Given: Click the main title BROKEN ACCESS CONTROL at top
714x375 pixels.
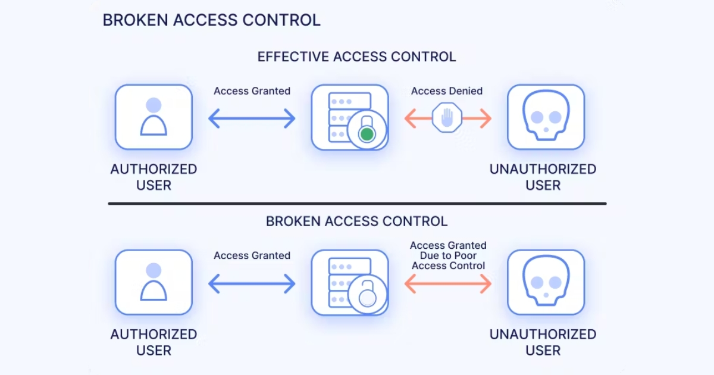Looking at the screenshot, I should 211,20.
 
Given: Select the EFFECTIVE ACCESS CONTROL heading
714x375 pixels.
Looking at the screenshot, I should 356,57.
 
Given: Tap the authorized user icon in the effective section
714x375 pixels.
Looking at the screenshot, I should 154,117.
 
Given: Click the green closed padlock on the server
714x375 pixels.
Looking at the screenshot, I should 367,135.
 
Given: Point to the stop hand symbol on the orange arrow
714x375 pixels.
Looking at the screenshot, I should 447,118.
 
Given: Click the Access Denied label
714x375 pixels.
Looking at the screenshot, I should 447,91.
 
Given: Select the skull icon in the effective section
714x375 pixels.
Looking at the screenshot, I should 546,117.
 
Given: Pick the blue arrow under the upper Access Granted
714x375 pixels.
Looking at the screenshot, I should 252,118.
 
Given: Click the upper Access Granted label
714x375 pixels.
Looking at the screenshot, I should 252,91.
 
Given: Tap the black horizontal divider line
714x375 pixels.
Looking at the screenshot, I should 357,204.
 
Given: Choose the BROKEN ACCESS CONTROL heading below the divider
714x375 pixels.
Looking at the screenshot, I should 356,221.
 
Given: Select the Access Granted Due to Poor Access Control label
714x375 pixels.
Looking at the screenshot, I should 448,255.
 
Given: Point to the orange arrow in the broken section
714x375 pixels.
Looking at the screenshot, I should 447,283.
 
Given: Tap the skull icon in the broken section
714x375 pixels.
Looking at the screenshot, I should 546,282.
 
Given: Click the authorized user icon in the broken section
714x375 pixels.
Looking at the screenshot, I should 154,282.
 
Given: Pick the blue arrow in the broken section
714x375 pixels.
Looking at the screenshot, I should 252,283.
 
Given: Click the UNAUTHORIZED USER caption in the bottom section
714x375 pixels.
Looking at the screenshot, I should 543,342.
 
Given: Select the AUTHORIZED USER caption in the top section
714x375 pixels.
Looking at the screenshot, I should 154,177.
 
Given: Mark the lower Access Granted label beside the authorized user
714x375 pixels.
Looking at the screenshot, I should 252,255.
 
